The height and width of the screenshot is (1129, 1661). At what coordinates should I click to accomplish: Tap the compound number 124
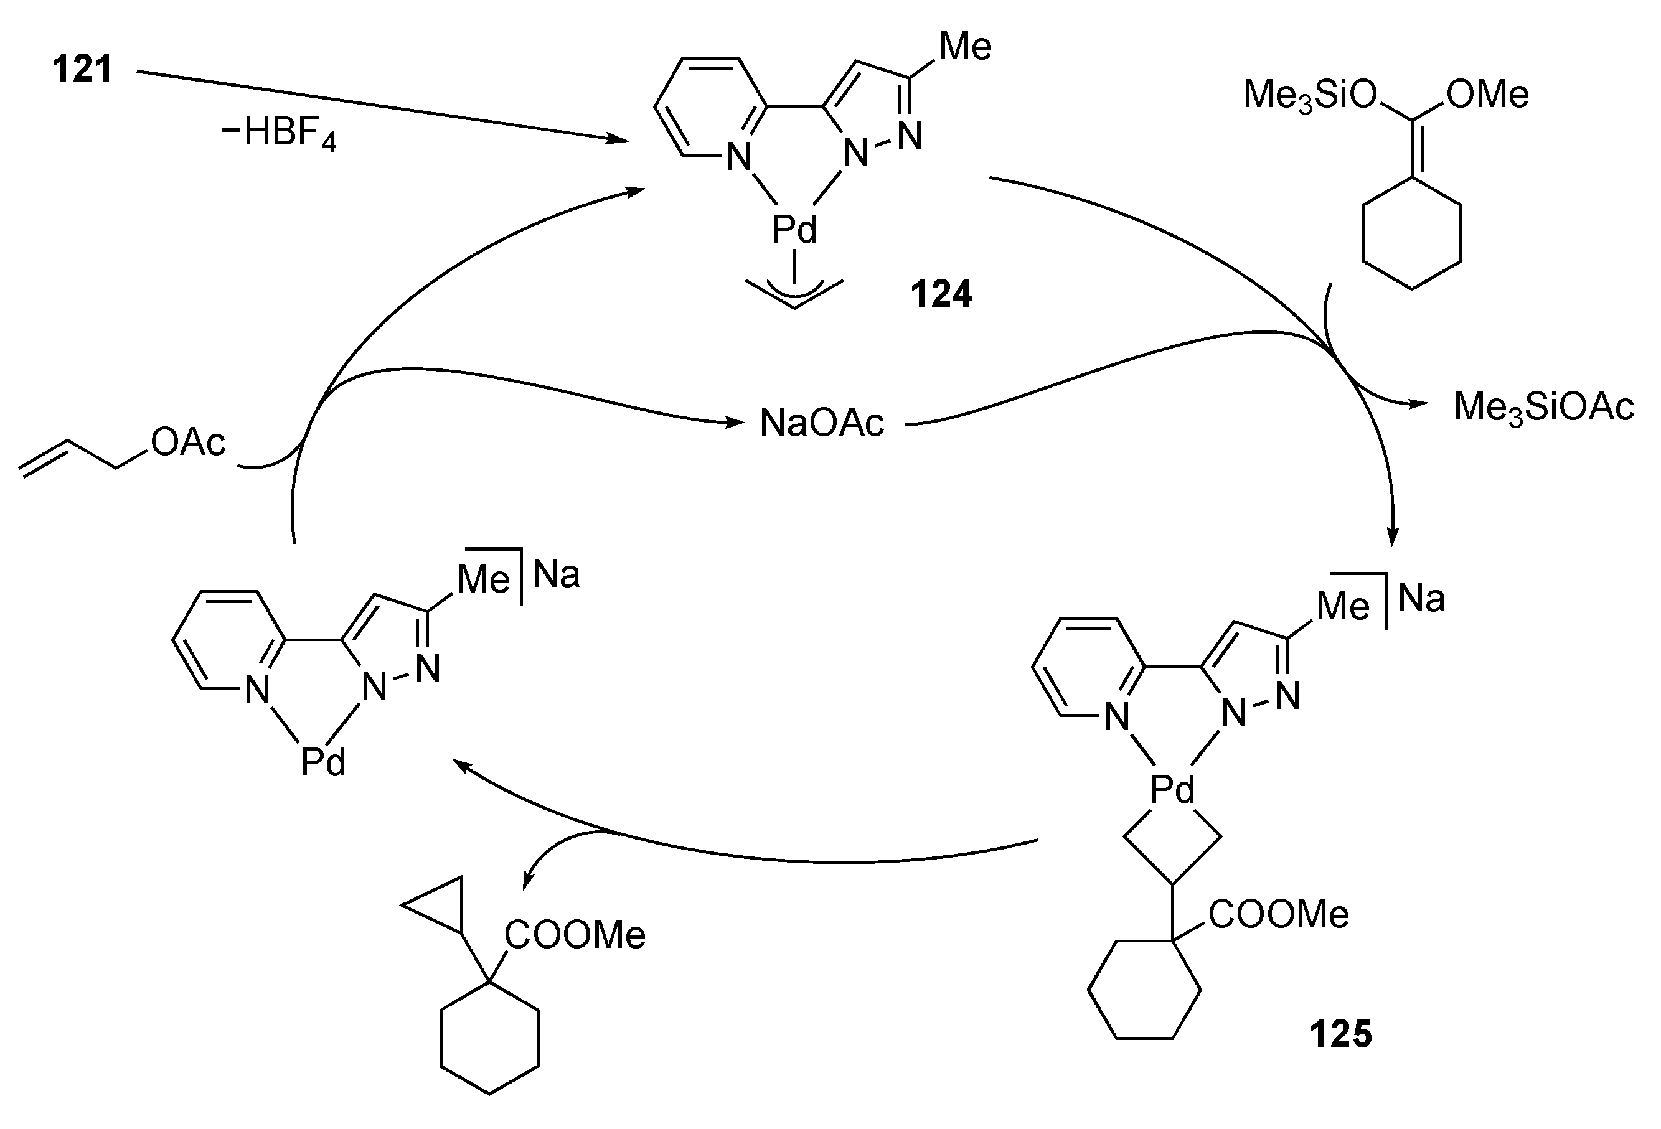[x=941, y=294]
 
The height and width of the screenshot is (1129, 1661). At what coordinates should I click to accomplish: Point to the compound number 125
[x=1340, y=1034]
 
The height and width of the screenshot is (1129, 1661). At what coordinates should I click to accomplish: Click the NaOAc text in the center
[x=821, y=423]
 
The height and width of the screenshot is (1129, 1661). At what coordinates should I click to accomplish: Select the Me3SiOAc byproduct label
[x=1544, y=407]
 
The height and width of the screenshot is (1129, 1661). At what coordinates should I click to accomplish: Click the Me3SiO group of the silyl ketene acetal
[x=1310, y=95]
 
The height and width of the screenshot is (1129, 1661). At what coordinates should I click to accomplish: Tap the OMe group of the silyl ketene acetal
[x=1487, y=95]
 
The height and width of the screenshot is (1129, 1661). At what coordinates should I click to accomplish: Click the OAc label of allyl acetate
[x=188, y=443]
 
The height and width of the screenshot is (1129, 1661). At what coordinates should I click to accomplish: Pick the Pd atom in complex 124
[x=794, y=230]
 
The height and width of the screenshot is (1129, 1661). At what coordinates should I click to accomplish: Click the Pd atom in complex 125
[x=1172, y=790]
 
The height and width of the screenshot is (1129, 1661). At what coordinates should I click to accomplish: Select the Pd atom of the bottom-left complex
[x=323, y=762]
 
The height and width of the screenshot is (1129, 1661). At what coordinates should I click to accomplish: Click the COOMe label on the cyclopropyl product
[x=575, y=935]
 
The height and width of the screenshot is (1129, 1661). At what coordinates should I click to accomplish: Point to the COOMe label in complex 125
[x=1279, y=915]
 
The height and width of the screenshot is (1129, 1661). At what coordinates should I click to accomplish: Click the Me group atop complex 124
[x=965, y=47]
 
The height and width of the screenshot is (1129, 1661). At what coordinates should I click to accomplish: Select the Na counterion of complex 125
[x=1421, y=598]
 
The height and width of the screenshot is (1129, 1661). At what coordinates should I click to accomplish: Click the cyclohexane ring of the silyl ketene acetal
[x=1411, y=233]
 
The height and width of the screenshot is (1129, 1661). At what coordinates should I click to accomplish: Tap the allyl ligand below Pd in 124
[x=794, y=293]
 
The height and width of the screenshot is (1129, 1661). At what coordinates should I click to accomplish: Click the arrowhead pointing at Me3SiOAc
[x=1418, y=405]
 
